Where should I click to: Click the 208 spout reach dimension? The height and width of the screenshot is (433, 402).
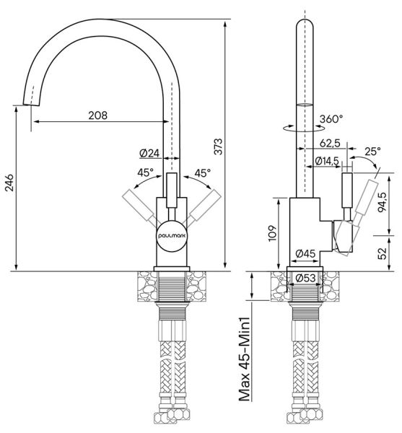click(x=97, y=115)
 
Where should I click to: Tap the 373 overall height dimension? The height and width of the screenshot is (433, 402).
click(x=218, y=146)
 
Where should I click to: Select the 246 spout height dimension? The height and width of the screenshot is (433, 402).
click(x=9, y=183)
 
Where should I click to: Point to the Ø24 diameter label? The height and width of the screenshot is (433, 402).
click(x=149, y=153)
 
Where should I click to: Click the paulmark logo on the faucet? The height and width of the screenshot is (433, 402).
click(x=172, y=236)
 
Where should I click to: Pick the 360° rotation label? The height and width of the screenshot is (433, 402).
click(x=331, y=119)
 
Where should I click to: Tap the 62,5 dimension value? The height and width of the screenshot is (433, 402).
click(x=330, y=143)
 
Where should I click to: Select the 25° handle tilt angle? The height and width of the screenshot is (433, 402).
click(x=372, y=151)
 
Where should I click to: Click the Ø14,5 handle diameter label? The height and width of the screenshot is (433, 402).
click(x=327, y=161)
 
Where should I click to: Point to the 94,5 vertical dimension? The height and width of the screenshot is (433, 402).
click(x=382, y=202)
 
